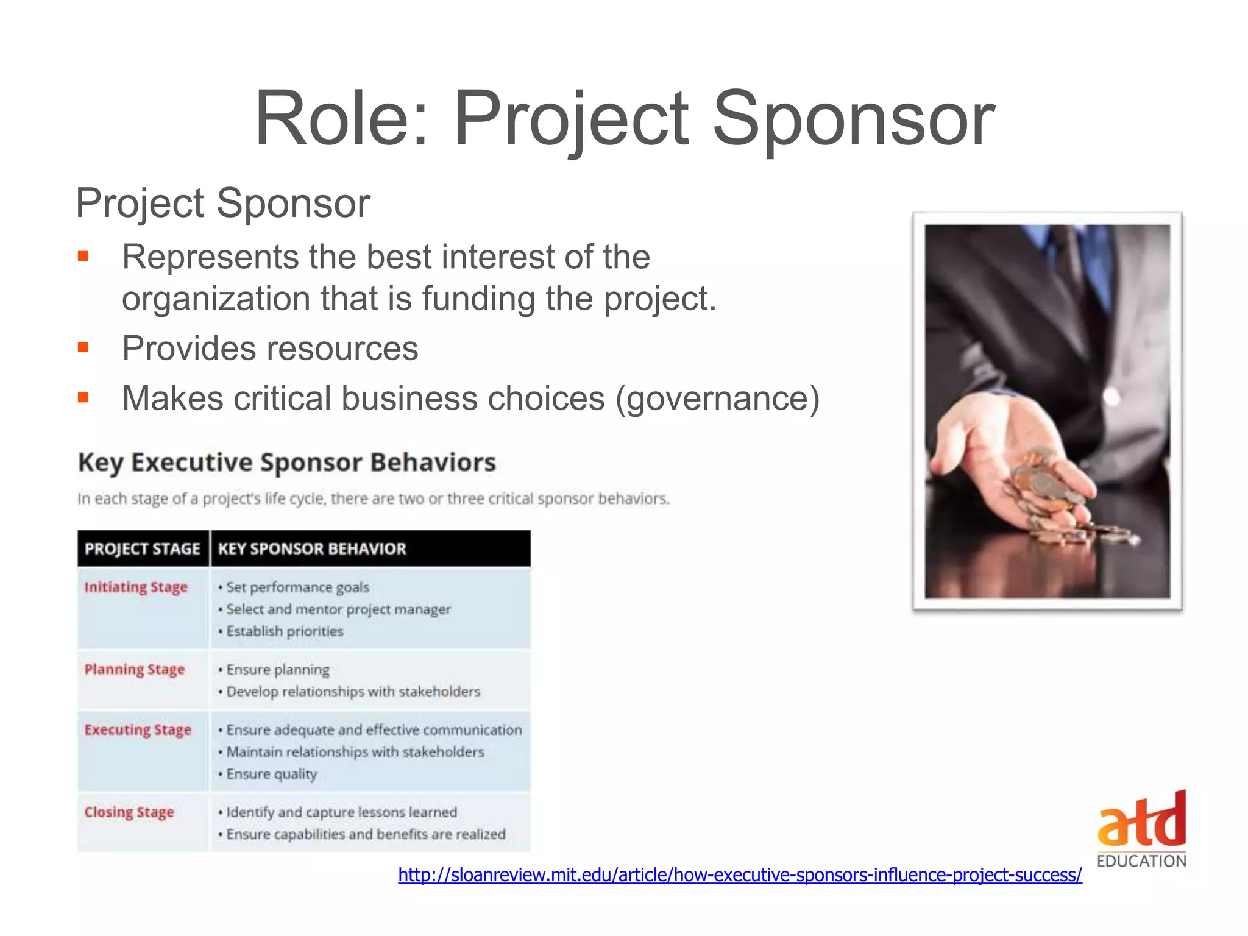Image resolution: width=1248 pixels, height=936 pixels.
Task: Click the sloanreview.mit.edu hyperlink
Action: [740, 875]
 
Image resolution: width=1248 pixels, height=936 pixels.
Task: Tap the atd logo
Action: [1141, 820]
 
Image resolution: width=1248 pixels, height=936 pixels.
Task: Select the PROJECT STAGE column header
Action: [142, 549]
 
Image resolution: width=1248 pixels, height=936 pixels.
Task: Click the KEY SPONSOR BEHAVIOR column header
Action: [312, 549]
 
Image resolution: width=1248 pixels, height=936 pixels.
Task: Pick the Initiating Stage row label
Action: [136, 587]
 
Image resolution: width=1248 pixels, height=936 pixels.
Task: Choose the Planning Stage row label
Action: [135, 670]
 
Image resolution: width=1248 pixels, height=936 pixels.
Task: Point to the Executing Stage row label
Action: [138, 730]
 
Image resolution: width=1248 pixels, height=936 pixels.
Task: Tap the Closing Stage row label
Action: [129, 812]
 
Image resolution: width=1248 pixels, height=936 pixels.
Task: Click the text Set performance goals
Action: [297, 587]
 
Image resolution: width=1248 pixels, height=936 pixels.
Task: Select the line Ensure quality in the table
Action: [271, 774]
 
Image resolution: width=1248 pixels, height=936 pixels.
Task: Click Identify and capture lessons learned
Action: [341, 812]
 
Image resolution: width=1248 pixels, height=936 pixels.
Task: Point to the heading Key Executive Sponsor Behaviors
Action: [287, 463]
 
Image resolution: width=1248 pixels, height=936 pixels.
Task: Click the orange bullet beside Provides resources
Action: [83, 348]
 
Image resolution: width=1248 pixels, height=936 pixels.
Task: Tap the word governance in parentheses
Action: [717, 399]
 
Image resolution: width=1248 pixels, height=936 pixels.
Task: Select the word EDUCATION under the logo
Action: [1141, 861]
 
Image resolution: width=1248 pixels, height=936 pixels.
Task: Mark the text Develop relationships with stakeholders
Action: [353, 692]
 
